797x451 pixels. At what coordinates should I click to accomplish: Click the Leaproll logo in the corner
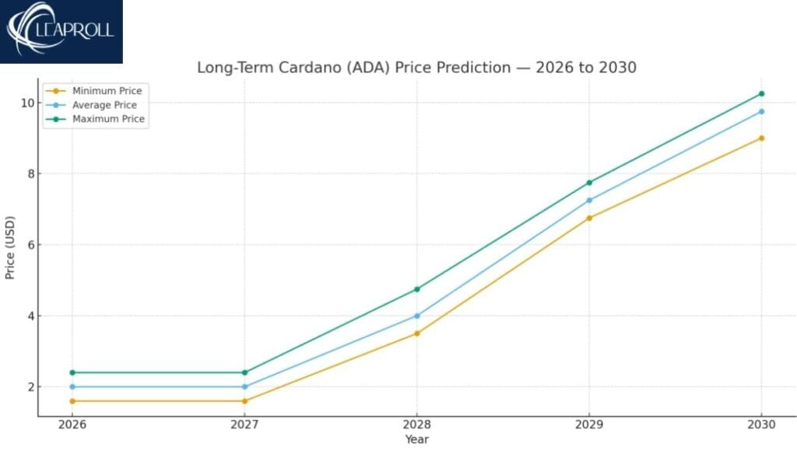point(61,31)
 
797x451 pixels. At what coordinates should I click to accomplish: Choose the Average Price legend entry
point(104,105)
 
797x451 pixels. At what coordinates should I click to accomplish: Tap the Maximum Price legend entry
point(108,119)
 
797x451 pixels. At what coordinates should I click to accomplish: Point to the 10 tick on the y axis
point(26,103)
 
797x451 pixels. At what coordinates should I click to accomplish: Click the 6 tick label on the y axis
point(30,245)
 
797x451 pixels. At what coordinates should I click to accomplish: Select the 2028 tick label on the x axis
point(416,425)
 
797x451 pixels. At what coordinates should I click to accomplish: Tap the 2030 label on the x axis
point(761,425)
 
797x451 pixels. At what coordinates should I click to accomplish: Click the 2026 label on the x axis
point(72,425)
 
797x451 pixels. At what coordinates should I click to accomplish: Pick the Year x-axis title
point(416,439)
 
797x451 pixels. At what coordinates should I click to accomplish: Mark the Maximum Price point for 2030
point(761,94)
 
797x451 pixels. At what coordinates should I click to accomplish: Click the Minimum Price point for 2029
point(589,218)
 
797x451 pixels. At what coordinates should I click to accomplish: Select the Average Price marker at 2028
point(416,316)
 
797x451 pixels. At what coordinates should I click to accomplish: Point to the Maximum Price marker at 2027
point(244,372)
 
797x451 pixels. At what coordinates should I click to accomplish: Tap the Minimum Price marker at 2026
point(72,401)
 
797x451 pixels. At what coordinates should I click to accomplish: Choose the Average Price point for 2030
point(761,111)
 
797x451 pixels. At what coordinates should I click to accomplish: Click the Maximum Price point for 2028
point(416,289)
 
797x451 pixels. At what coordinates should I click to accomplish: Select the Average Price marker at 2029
point(589,200)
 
